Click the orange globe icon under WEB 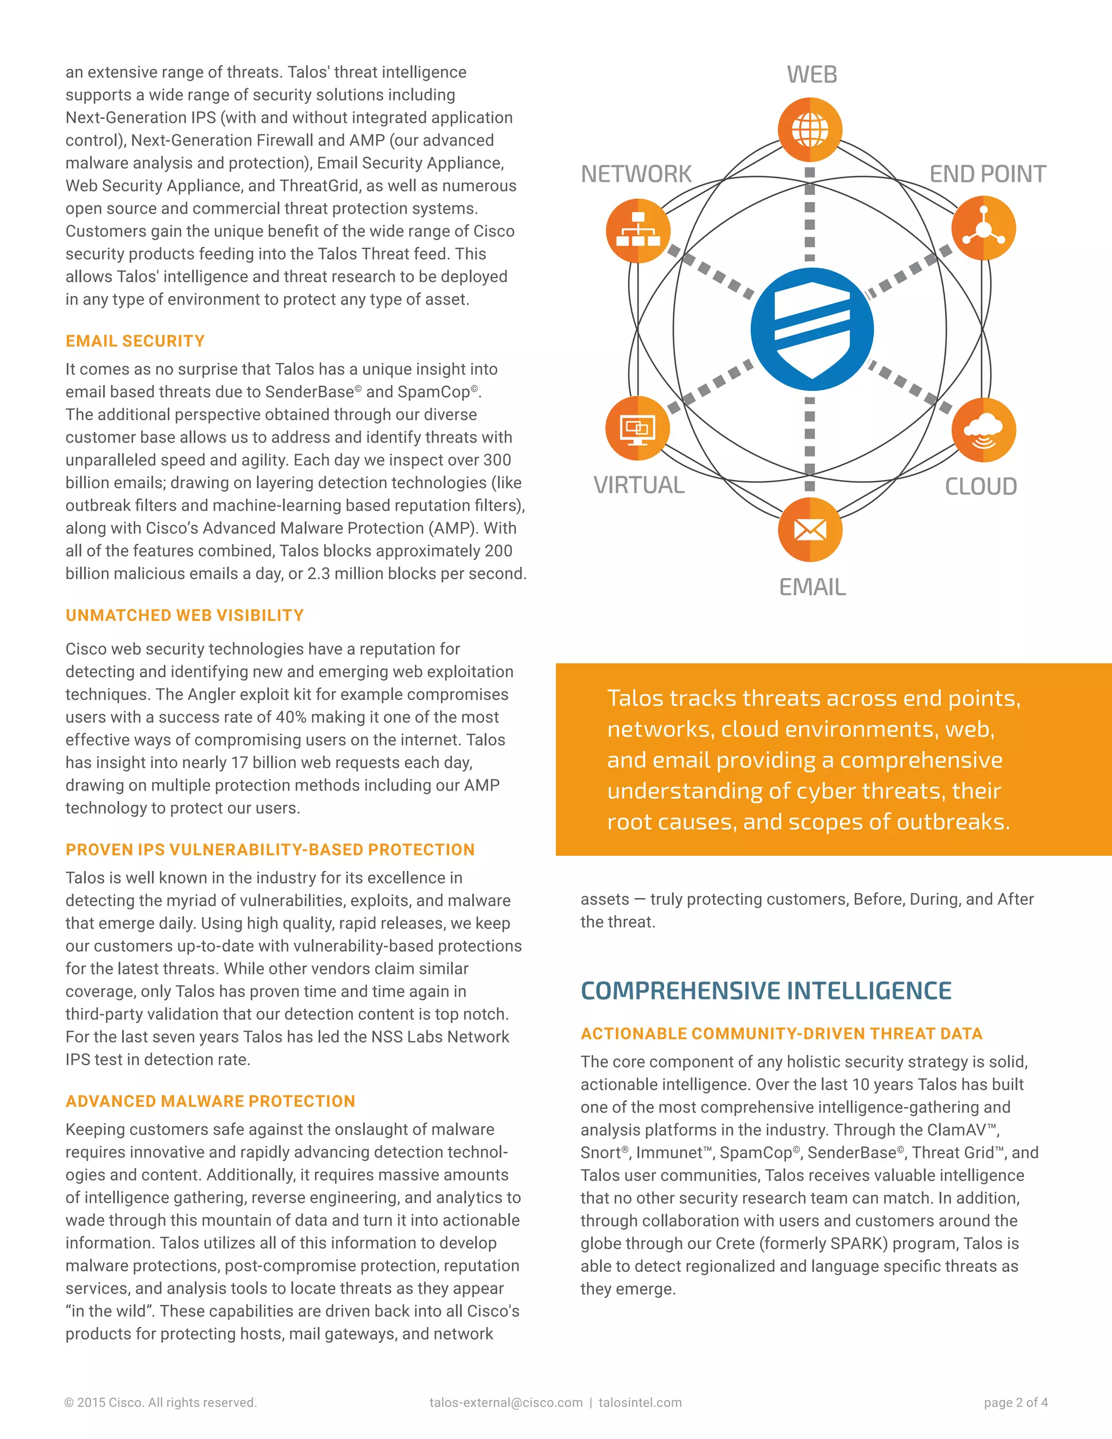810,130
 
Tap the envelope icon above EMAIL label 810,529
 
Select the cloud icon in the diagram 983,430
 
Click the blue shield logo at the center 812,330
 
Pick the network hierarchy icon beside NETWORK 637,231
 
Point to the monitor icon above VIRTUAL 637,428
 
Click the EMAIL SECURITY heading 135,342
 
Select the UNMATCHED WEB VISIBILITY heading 185,615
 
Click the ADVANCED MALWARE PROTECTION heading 210,1101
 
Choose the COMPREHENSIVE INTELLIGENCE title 766,991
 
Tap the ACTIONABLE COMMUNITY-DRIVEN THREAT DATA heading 781,1034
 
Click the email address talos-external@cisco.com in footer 506,1403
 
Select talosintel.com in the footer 640,1403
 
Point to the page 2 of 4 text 1015,1403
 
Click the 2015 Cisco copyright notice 160,1403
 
